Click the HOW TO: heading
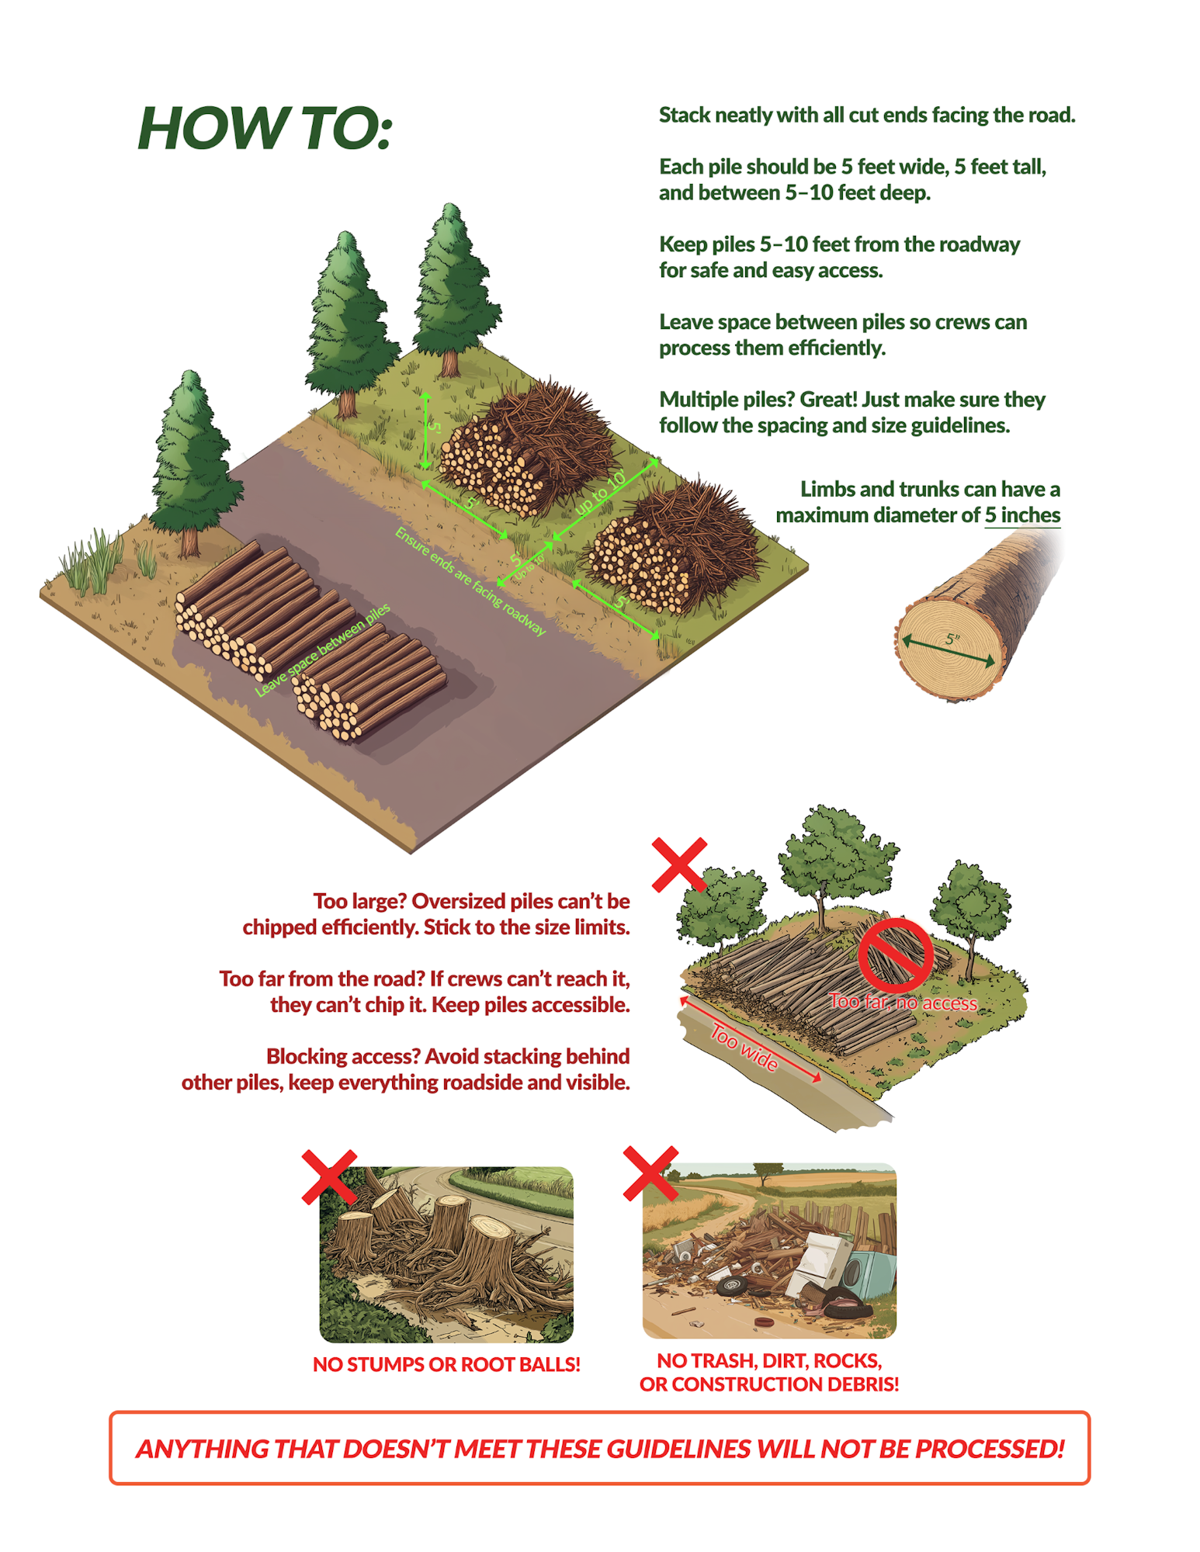point(265,127)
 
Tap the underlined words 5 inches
point(1022,515)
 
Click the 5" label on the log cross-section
point(952,640)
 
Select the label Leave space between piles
point(323,650)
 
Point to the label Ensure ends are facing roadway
point(470,581)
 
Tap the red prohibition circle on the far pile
point(895,954)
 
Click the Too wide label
point(744,1048)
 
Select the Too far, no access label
point(903,1002)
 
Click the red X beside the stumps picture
point(329,1177)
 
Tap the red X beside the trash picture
point(650,1173)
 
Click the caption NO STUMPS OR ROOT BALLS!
point(446,1364)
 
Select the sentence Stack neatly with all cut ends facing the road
point(867,115)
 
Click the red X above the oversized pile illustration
point(679,864)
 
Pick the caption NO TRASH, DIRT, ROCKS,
point(769,1360)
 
